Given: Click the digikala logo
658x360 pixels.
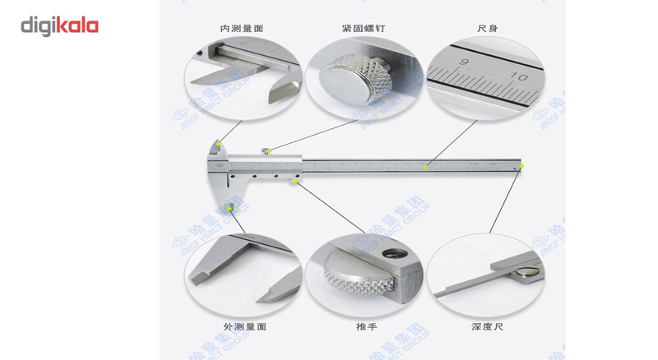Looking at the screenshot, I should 59,26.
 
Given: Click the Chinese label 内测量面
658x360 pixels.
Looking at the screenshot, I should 242,28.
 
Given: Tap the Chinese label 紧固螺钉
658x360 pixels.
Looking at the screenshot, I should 364,28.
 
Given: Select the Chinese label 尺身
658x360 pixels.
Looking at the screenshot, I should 487,28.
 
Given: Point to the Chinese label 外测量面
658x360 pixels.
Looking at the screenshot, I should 242,326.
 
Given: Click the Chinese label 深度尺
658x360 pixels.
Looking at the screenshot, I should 487,326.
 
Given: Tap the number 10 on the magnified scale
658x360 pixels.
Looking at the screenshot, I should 519,76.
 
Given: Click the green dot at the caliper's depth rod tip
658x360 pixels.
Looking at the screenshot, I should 521,167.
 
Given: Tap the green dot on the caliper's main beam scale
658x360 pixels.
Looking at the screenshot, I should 425,167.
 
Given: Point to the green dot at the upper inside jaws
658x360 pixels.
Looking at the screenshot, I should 217,143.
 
